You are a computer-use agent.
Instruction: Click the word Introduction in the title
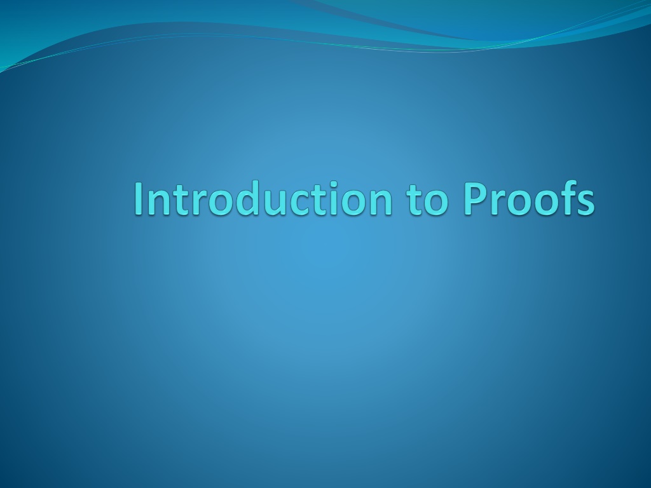pos(263,198)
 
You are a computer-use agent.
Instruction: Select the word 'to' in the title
pos(428,200)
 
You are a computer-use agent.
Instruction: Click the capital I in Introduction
pos(138,199)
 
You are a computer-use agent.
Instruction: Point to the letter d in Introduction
pos(241,198)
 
